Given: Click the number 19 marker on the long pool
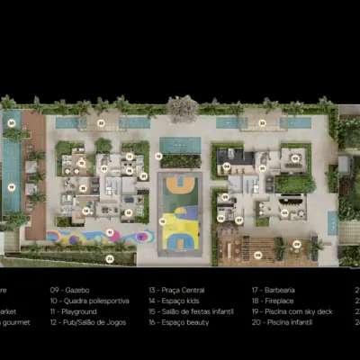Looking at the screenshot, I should pos(12,187).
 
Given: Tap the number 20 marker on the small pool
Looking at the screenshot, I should pos(12,122).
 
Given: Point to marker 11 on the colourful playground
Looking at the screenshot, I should pos(110,231).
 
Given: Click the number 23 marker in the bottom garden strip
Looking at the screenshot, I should pos(110,258).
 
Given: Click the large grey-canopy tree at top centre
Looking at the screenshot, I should pos(183,108).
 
